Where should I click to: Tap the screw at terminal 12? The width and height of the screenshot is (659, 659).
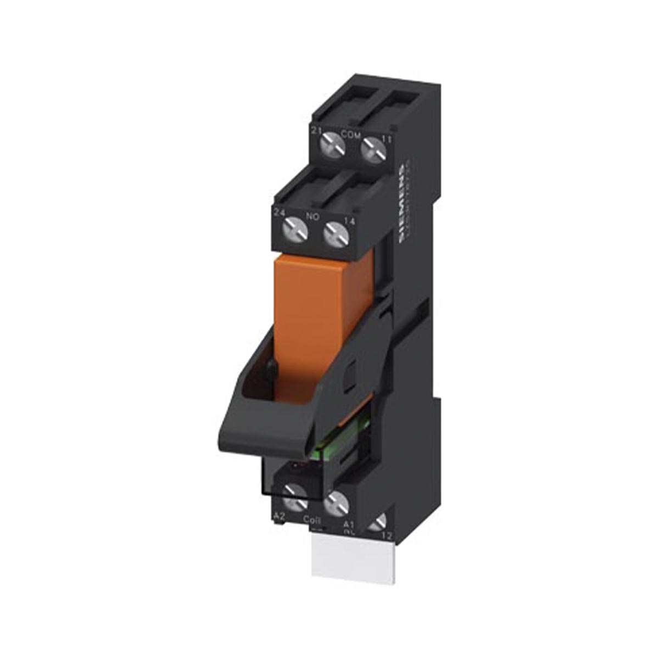378,523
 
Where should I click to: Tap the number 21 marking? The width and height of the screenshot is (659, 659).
316,130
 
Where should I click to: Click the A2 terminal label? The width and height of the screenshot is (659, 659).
280,516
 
